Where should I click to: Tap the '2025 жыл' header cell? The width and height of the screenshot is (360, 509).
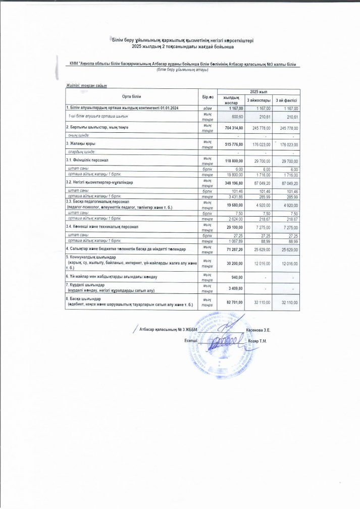tap(258, 91)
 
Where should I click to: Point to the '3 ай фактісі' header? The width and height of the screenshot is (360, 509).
tap(286, 100)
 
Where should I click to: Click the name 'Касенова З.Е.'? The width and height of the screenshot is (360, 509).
tap(258, 330)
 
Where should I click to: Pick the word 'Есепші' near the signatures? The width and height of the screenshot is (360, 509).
tap(190, 340)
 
